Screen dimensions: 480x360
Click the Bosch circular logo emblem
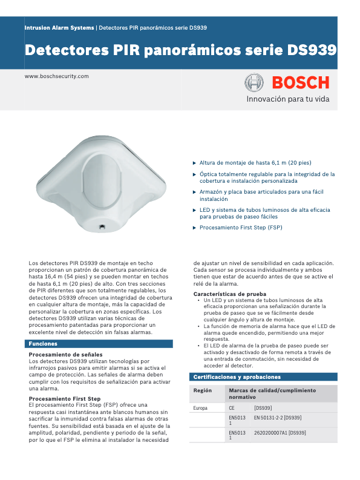[x=254, y=83]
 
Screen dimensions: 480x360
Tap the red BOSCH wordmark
[x=299, y=83]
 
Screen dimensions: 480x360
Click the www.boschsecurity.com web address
[x=56, y=76]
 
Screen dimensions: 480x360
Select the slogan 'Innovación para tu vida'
[x=287, y=99]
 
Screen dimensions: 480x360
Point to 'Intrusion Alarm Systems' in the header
[x=59, y=28]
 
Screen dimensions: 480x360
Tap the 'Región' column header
[x=202, y=390]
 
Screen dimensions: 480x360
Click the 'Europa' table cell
[x=200, y=408]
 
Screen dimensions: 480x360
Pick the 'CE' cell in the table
[x=232, y=408]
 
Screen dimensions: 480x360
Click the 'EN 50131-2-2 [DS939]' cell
[x=278, y=418]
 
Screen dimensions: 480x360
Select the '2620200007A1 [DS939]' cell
[x=280, y=433]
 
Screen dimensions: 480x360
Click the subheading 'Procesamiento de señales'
[x=65, y=354]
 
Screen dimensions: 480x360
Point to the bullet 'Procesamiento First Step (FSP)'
[x=241, y=228]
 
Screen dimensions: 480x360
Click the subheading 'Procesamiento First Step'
[x=65, y=399]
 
